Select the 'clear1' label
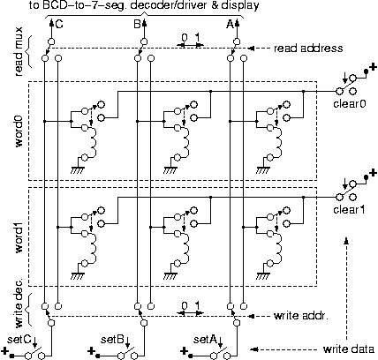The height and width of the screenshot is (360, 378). [x=349, y=209]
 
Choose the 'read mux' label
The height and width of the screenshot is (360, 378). [x=19, y=53]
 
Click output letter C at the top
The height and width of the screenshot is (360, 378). [x=58, y=25]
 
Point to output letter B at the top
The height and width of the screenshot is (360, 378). [x=136, y=25]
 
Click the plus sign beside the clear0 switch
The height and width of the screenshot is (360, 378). [x=372, y=66]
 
